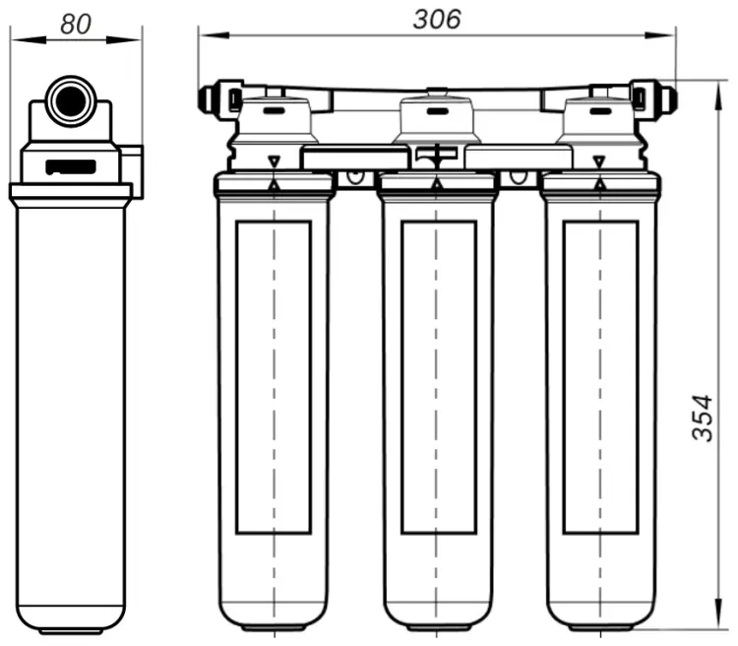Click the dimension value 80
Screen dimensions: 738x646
(x=76, y=24)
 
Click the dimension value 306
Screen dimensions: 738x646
(x=437, y=20)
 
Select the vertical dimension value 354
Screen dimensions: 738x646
(x=703, y=418)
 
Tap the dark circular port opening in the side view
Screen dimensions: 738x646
(x=72, y=101)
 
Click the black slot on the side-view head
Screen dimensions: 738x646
(x=71, y=167)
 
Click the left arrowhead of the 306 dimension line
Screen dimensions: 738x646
(x=215, y=35)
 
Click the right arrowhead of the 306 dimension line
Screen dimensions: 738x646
(x=660, y=35)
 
